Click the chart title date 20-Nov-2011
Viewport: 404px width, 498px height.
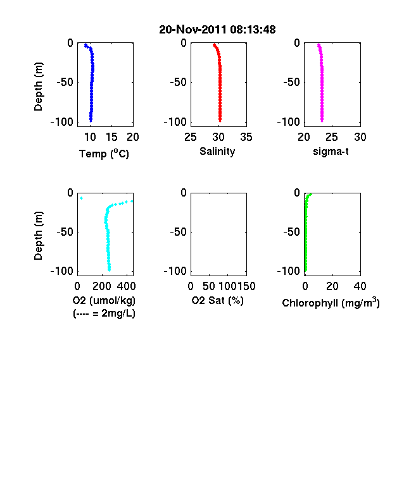pos(193,30)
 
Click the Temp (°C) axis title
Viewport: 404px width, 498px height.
pos(104,154)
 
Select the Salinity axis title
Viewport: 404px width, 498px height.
pos(217,152)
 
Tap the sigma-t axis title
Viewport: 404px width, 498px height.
pos(331,152)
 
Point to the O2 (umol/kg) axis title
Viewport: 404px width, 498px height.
pos(104,300)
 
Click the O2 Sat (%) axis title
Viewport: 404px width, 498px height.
pos(217,300)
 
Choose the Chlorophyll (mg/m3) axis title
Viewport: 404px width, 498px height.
pos(331,303)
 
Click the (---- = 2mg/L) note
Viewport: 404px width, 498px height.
pos(104,313)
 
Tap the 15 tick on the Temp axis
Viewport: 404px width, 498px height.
pos(111,137)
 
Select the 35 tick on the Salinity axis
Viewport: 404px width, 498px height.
pos(246,137)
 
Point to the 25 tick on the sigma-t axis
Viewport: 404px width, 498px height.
pos(332,137)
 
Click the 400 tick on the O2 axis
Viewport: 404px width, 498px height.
pos(126,286)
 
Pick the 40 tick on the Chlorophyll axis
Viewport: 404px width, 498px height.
pos(360,286)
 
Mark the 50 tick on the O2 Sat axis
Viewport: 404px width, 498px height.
pos(209,286)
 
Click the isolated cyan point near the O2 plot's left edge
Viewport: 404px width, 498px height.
pos(82,198)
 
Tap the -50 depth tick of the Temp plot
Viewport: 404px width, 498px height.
pos(65,82)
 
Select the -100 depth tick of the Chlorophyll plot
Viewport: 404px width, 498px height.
pos(289,271)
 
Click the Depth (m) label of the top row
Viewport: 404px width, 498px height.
pos(38,87)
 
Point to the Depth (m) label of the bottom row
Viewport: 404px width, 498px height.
pos(38,236)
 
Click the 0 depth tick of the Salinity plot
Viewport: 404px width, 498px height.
pos(184,43)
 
